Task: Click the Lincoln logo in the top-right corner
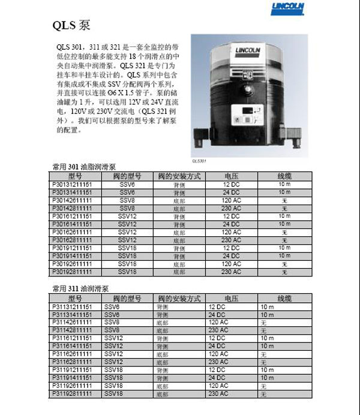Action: pos(288,8)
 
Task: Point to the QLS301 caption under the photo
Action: pos(199,161)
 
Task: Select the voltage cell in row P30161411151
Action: pos(232,224)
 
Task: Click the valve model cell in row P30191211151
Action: pos(127,248)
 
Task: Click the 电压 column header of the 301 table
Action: pos(232,176)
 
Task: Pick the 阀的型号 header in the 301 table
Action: pos(127,176)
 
